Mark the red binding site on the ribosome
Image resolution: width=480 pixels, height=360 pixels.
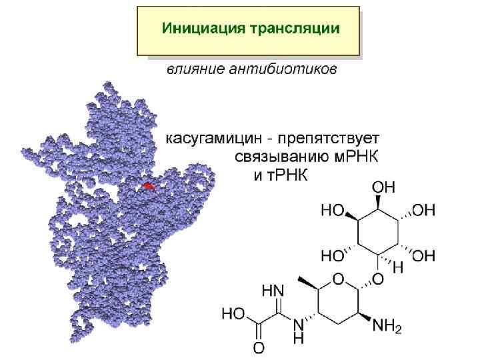(149, 186)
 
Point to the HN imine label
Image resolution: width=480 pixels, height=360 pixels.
(273, 291)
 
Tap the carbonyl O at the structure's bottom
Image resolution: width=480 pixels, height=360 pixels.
(258, 347)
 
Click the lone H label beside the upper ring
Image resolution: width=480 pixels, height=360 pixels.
(399, 266)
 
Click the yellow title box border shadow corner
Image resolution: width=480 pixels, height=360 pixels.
(361, 55)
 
